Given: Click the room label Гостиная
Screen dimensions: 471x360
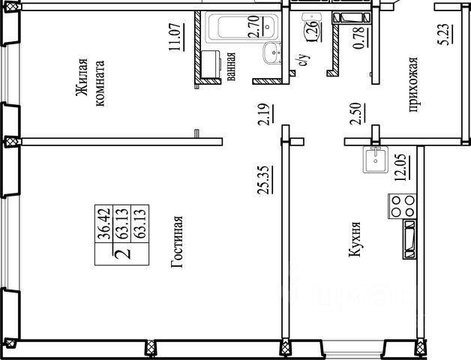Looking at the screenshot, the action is coord(177,241).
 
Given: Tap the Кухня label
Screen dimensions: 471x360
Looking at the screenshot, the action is coord(355,239).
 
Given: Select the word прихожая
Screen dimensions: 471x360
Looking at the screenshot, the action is coord(415,85).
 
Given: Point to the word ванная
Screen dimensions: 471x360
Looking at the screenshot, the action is coord(231,67).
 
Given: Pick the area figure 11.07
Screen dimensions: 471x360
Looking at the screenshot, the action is coord(175,37).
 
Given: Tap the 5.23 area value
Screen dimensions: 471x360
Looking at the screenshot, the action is coord(443,34).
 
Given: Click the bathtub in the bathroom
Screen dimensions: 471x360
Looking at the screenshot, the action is coord(242,27).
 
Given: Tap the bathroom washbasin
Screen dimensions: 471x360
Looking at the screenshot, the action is coord(272,53).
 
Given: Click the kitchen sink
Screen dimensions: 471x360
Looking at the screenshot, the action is coord(375,160).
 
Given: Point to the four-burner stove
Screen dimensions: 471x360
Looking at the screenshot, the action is coord(402,206).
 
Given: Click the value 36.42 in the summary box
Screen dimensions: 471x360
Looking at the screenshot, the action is coord(103,223).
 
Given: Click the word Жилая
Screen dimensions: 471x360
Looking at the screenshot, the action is coord(82,77).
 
